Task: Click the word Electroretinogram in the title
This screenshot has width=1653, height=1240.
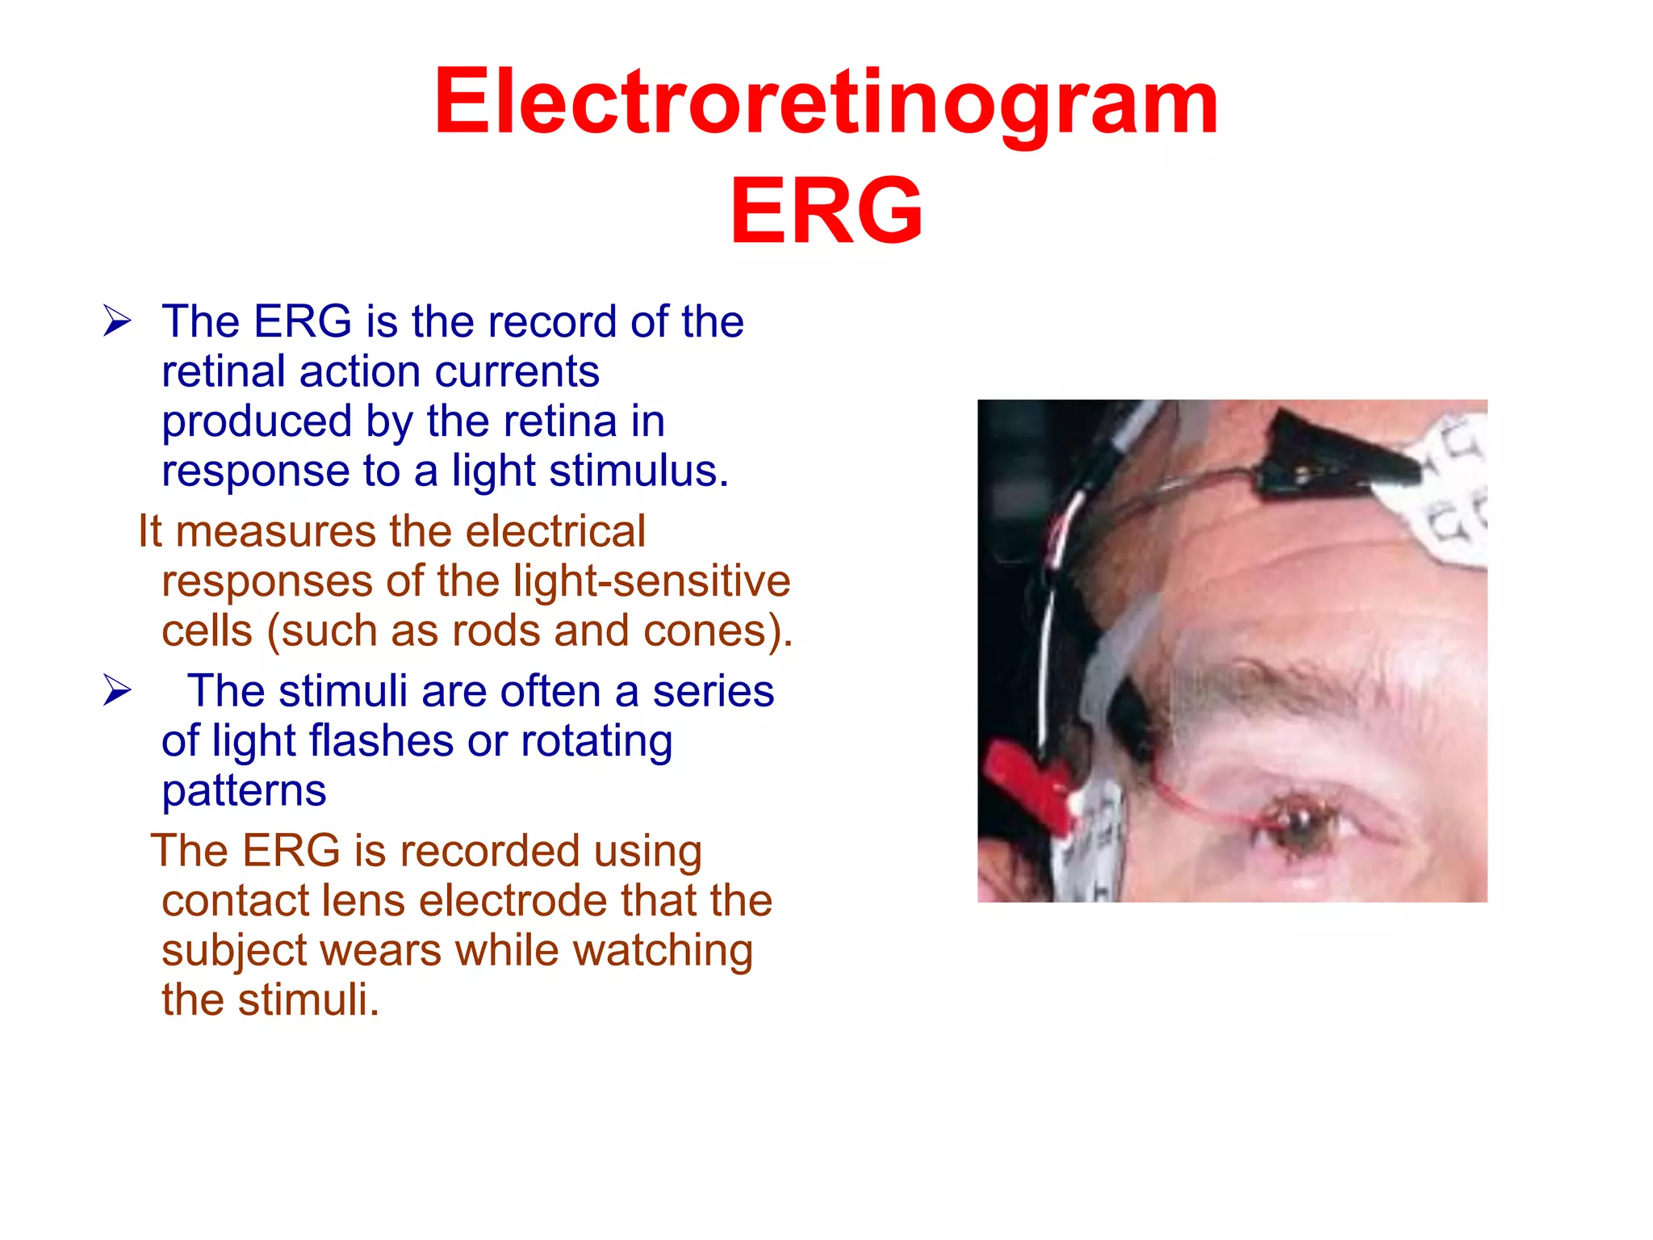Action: tap(826, 103)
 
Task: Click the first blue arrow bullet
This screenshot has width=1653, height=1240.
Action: tap(117, 322)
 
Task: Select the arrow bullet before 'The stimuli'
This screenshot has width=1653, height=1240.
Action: tap(117, 691)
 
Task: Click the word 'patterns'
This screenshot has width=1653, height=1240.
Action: tap(244, 791)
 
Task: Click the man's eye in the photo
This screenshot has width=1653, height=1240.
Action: tap(1299, 823)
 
